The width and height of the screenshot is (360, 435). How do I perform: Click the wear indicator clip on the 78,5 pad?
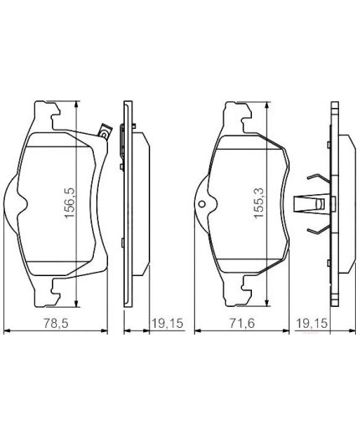click(x=103, y=130)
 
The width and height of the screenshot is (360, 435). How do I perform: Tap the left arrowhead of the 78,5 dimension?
click(x=8, y=331)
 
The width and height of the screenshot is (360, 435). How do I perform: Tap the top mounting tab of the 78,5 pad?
click(x=49, y=109)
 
